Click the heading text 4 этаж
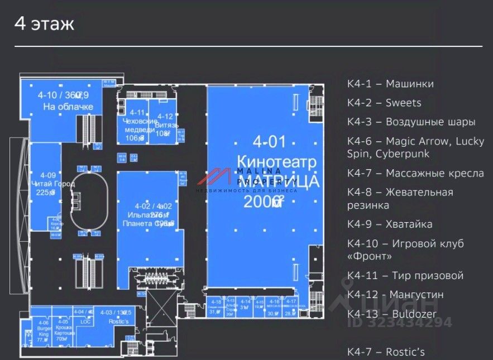(x=44, y=25)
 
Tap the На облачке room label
(x=64, y=106)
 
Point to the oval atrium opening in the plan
(x=89, y=196)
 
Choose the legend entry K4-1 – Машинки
(x=390, y=84)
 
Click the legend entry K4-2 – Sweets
(x=384, y=103)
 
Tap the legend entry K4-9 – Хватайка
(x=390, y=224)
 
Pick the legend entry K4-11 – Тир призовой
(x=405, y=276)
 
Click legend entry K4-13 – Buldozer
(x=392, y=314)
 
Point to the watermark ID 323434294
(x=399, y=323)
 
